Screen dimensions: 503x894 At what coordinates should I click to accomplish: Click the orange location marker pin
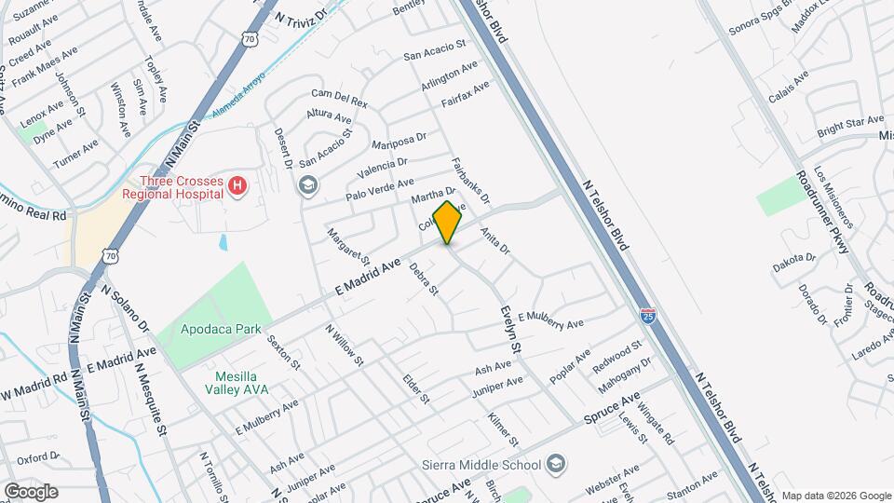click(x=448, y=223)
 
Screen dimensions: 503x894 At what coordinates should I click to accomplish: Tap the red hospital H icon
click(x=237, y=187)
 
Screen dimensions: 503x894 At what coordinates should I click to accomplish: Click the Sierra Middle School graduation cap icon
click(x=555, y=464)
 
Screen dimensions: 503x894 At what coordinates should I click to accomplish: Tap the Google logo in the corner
click(x=30, y=492)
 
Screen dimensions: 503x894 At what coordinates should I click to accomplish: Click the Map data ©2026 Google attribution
click(x=834, y=495)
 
